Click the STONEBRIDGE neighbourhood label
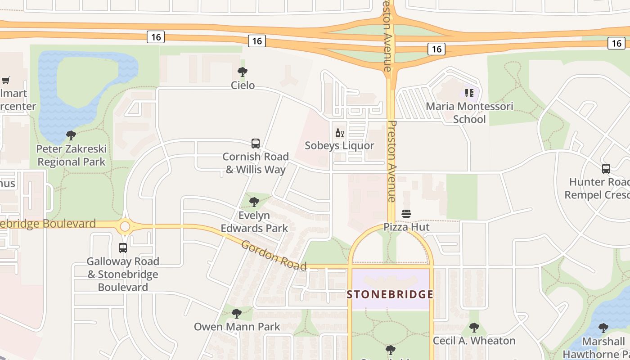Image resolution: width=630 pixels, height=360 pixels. tap(390, 295)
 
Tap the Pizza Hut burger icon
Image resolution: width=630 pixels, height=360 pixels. tap(406, 214)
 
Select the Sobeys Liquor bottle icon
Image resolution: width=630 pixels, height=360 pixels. tap(339, 133)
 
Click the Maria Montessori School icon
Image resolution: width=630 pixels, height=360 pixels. tap(469, 93)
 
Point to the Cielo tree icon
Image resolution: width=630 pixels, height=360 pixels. tap(243, 72)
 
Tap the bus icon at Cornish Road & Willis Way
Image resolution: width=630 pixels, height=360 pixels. tap(256, 144)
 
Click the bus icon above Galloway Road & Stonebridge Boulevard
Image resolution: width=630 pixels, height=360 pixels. tap(122, 247)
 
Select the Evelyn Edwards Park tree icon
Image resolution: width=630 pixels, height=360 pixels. tap(254, 202)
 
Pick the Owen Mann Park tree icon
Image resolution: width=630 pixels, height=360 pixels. tap(237, 314)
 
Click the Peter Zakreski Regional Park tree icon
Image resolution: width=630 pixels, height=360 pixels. tap(71, 135)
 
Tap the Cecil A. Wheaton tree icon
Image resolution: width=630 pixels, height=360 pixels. tap(474, 328)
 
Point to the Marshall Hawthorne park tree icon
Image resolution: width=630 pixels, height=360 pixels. tap(603, 328)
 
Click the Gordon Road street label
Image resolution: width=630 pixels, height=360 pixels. tap(274, 256)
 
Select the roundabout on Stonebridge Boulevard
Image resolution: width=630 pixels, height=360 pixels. tap(125, 226)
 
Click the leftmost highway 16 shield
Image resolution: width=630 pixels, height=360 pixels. tap(156, 37)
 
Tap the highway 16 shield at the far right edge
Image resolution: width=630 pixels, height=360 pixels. tap(616, 43)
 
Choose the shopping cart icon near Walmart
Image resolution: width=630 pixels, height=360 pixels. tap(6, 81)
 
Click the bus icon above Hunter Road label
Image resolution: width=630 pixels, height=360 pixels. tap(606, 169)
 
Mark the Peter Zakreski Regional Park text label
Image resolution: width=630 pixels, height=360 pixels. tap(71, 155)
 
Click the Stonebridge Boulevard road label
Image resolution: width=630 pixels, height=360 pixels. tap(47, 224)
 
